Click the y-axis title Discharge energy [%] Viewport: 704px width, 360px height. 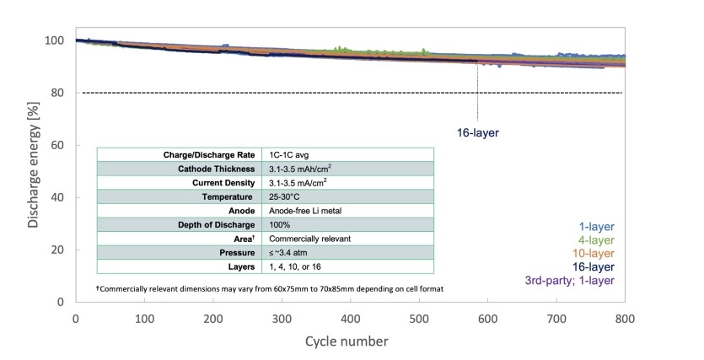click(33, 171)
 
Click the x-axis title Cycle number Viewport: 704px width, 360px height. click(348, 341)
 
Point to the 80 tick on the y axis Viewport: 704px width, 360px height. click(57, 93)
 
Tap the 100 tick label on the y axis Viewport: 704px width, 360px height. click(54, 40)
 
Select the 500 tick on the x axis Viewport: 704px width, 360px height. click(419, 318)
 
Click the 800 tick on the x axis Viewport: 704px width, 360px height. click(625, 318)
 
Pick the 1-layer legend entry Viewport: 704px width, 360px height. click(596, 227)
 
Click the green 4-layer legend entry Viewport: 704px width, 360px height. click(596, 240)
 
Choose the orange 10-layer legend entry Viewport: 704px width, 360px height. click(593, 253)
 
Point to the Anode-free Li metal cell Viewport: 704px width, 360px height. click(304, 211)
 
